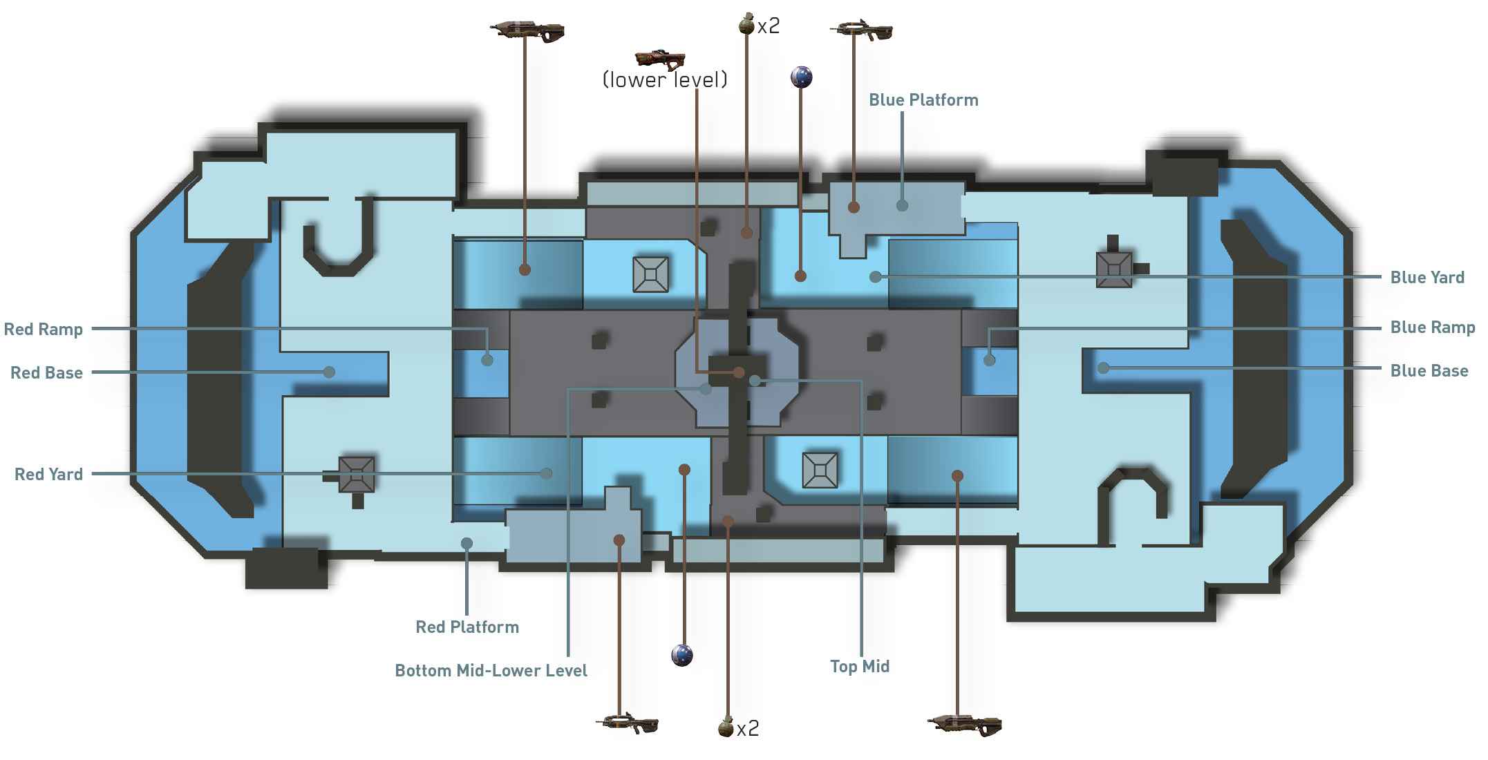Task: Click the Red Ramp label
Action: pyautogui.click(x=44, y=329)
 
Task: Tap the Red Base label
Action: pyautogui.click(x=46, y=372)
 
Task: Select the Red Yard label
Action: pyautogui.click(x=48, y=474)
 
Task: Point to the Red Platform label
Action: pyautogui.click(x=467, y=627)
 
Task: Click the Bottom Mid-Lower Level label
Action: pyautogui.click(x=491, y=670)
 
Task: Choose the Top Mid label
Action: pyautogui.click(x=860, y=666)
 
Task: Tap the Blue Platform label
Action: pyautogui.click(x=923, y=100)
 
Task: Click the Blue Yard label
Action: pyautogui.click(x=1427, y=277)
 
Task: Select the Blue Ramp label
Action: pyautogui.click(x=1432, y=327)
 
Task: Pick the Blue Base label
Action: pyautogui.click(x=1429, y=370)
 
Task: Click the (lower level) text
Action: pyautogui.click(x=665, y=80)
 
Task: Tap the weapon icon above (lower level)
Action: pyautogui.click(x=660, y=59)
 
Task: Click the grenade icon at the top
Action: pyautogui.click(x=746, y=24)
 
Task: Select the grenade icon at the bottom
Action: pyautogui.click(x=726, y=727)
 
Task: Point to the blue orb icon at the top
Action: pyautogui.click(x=801, y=77)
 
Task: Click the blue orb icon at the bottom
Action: pyautogui.click(x=682, y=654)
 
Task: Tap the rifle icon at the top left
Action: pyautogui.click(x=527, y=31)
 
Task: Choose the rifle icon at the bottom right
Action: pyautogui.click(x=964, y=725)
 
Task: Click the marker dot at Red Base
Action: pyautogui.click(x=330, y=372)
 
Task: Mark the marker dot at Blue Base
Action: pyautogui.click(x=1104, y=368)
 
